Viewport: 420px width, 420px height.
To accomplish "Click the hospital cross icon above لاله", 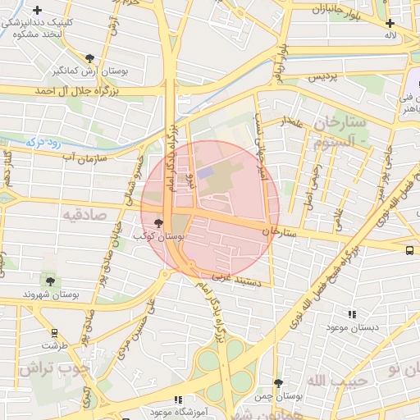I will pyautogui.click(x=390, y=23).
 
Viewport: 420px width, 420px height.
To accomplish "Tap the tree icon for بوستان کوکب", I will pyautogui.click(x=158, y=222).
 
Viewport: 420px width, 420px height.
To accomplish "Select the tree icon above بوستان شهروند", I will pyautogui.click(x=51, y=281).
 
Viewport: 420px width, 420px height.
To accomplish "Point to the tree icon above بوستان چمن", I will pyautogui.click(x=279, y=383).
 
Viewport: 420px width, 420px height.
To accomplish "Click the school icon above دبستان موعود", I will pyautogui.click(x=353, y=314).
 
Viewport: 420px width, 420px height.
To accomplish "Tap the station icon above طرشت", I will pyautogui.click(x=54, y=333).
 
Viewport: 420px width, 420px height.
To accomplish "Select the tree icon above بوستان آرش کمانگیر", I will pyautogui.click(x=89, y=58).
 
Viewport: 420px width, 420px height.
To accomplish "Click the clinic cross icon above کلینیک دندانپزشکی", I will pyautogui.click(x=37, y=10).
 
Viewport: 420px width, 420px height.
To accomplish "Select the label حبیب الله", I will pyautogui.click(x=327, y=381).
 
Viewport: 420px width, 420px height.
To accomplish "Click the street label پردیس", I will pyautogui.click(x=323, y=77).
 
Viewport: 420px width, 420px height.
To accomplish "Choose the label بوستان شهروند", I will pyautogui.click(x=51, y=294).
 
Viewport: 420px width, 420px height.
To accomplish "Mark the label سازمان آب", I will pyautogui.click(x=79, y=155).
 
